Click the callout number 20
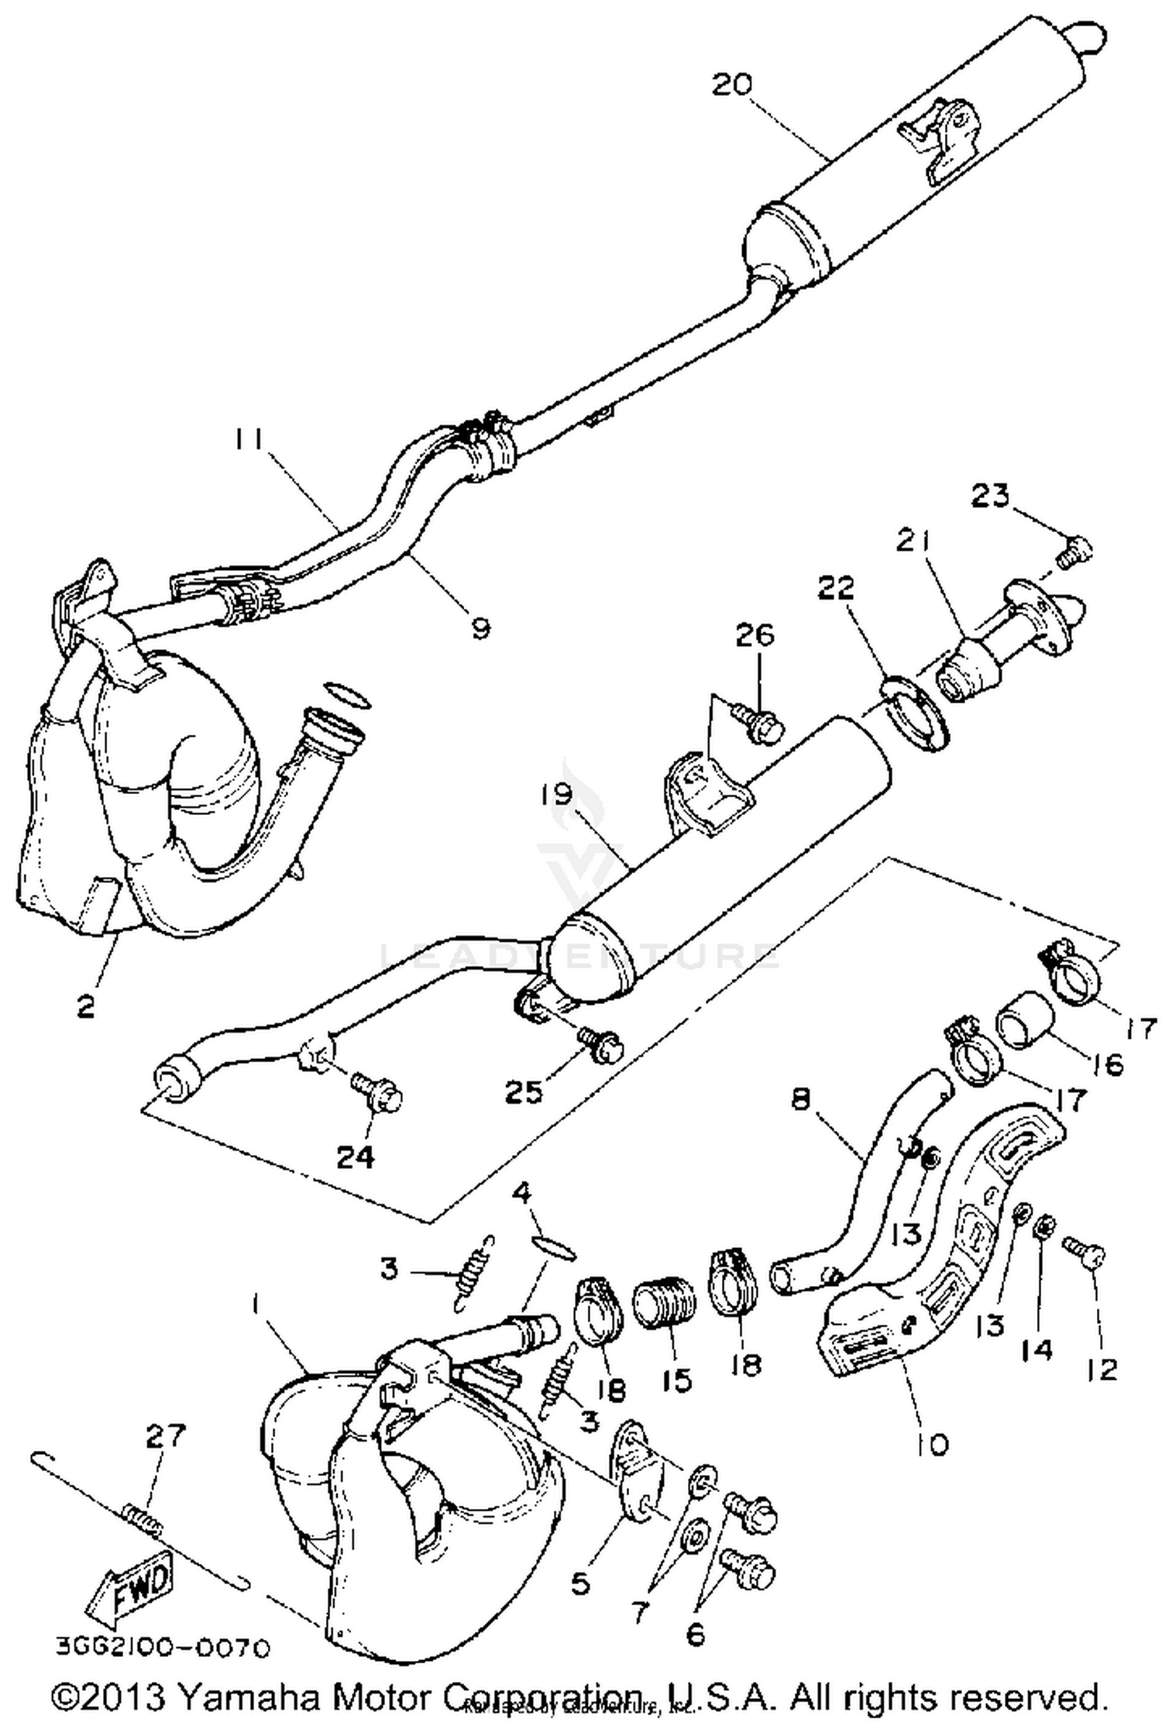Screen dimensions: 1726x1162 pos(732,84)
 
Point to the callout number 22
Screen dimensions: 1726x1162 pos(837,588)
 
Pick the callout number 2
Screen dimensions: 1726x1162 pos(85,1006)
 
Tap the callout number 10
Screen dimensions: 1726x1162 pos(935,1443)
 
